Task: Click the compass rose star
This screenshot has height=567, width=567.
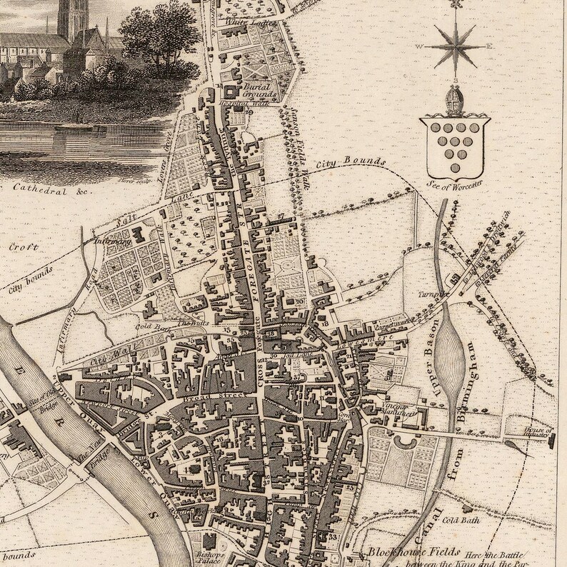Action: point(453,48)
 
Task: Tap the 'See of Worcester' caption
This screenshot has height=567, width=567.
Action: point(453,184)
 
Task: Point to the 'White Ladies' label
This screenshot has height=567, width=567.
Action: point(240,24)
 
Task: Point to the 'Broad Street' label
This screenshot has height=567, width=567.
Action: point(229,393)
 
